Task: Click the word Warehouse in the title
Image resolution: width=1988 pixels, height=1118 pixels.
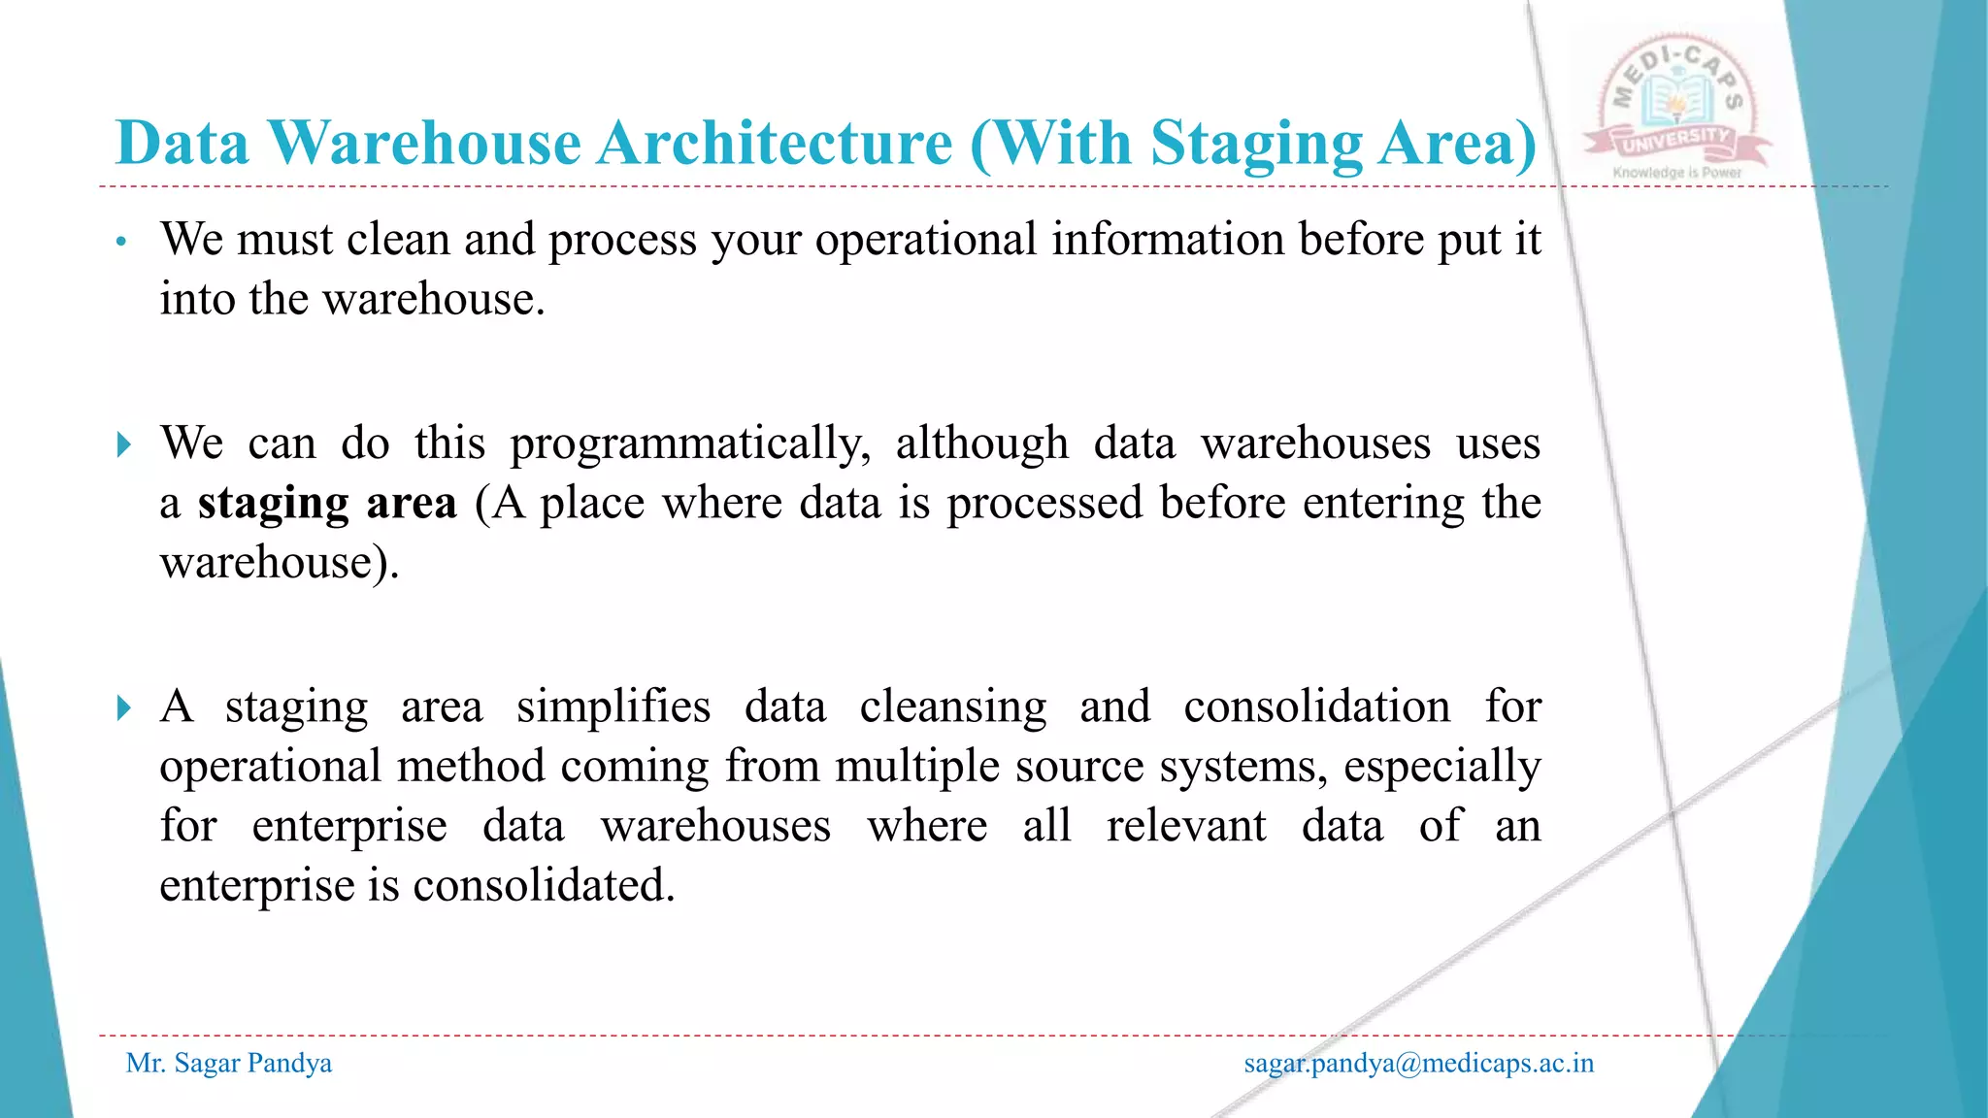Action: pos(424,144)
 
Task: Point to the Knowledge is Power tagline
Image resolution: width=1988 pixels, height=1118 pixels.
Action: pos(1677,173)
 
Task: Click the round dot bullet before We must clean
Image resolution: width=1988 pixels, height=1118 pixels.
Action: pos(121,242)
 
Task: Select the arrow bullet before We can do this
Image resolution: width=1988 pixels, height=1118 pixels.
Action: pos(123,445)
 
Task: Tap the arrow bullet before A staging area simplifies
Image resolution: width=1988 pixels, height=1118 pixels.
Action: pos(123,707)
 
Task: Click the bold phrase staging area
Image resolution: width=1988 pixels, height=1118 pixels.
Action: pos(327,504)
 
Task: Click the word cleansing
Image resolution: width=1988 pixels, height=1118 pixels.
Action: pos(953,707)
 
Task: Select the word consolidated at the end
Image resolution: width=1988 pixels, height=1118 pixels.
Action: pos(544,885)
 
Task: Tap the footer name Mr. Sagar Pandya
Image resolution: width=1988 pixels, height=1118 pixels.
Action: pos(229,1064)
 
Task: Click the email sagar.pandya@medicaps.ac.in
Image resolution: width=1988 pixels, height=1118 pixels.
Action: pos(1418,1064)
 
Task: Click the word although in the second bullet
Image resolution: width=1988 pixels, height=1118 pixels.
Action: pos(981,444)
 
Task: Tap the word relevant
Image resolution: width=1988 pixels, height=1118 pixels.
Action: pos(1186,826)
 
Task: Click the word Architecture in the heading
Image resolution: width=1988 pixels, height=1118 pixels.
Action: pos(775,144)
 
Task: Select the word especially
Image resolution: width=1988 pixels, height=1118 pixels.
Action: pos(1441,768)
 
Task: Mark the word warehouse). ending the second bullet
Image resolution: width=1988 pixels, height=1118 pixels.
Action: pos(280,563)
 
